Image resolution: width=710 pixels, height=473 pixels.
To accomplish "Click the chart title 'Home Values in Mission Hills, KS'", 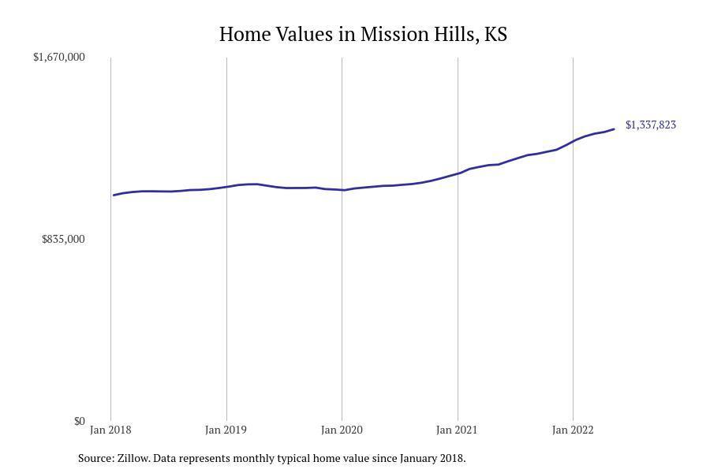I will (363, 35).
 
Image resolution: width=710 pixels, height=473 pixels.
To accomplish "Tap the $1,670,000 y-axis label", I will (59, 57).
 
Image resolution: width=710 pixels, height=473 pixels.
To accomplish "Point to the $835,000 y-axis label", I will (63, 239).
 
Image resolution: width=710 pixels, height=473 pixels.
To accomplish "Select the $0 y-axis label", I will (79, 421).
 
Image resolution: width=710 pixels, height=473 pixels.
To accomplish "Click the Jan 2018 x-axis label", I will (110, 430).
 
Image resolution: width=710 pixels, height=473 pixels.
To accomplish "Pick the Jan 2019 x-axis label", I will (226, 430).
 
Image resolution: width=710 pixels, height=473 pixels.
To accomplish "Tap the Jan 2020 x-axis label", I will (342, 430).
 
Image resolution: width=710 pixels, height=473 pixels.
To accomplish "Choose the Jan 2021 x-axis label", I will (457, 430).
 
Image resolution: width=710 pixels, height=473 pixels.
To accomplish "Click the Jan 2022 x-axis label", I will (573, 430).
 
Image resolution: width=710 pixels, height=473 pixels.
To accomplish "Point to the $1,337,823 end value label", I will (651, 125).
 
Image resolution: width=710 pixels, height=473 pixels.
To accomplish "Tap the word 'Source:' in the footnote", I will (95, 458).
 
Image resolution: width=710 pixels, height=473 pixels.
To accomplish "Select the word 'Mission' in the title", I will (390, 35).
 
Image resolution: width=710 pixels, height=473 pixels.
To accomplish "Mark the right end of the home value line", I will (614, 129).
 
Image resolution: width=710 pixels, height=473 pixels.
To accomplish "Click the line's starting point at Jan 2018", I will (114, 195).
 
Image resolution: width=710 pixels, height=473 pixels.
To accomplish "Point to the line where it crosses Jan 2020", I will (342, 190).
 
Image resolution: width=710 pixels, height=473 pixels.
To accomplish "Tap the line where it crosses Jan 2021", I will (458, 173).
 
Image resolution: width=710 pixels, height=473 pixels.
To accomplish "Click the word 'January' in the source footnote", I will (420, 458).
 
